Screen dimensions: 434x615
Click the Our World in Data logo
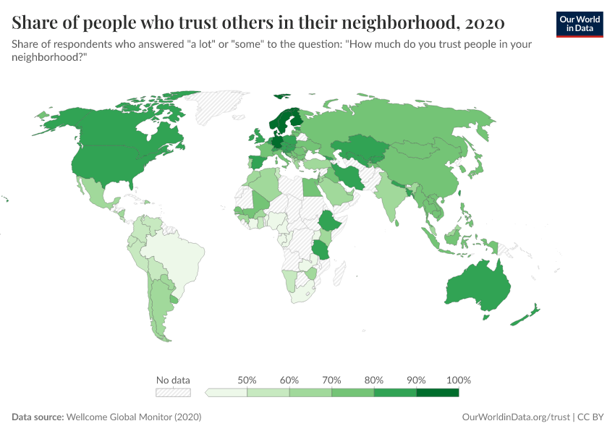(579, 24)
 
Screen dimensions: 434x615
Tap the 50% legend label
(247, 380)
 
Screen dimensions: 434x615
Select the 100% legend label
(459, 380)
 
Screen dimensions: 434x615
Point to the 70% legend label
(332, 380)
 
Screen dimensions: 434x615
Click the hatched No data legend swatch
(173, 393)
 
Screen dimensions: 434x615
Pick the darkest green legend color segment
(438, 393)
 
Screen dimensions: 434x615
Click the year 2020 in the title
(485, 22)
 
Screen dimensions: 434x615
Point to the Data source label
(38, 417)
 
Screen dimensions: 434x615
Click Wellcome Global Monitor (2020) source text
(134, 417)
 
